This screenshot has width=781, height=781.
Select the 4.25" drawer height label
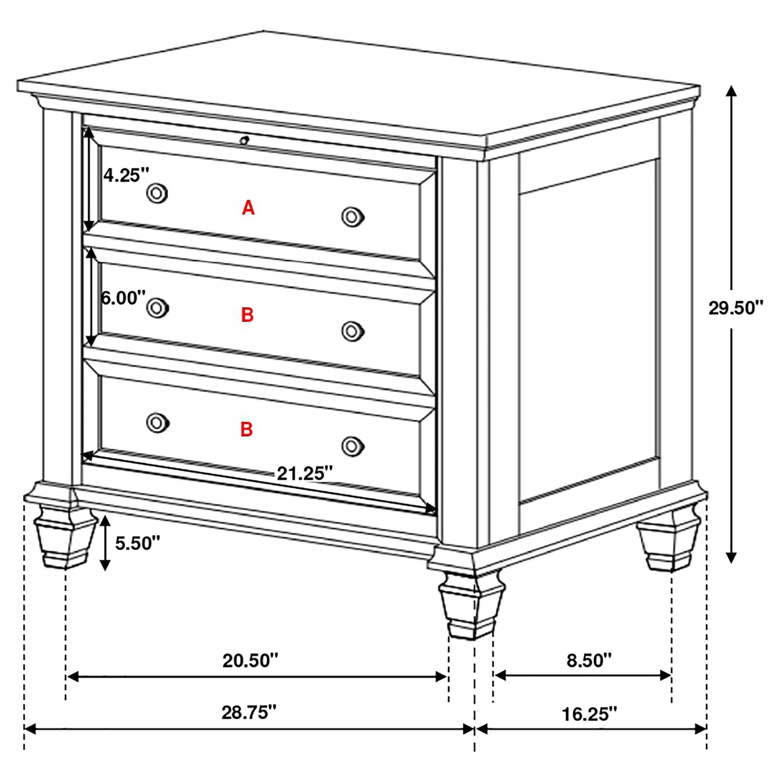pos(127,176)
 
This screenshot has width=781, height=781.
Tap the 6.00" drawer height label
pos(123,298)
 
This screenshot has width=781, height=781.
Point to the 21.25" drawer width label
pos(304,473)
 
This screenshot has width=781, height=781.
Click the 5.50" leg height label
pos(137,543)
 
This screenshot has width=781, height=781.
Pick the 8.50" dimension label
pos(589,660)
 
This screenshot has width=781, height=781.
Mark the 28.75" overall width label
pos(249,712)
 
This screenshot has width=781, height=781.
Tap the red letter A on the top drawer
pos(248,208)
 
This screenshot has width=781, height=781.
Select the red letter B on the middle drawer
pos(247,315)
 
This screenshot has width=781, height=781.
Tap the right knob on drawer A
pos(352,217)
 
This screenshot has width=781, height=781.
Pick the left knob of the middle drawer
pos(157,308)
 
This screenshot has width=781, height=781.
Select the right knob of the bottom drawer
pos(352,446)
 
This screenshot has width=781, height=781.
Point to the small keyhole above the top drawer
pos(244,141)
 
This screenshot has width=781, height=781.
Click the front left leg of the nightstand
pos(65,538)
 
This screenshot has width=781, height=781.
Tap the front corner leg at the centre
pos(471,606)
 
